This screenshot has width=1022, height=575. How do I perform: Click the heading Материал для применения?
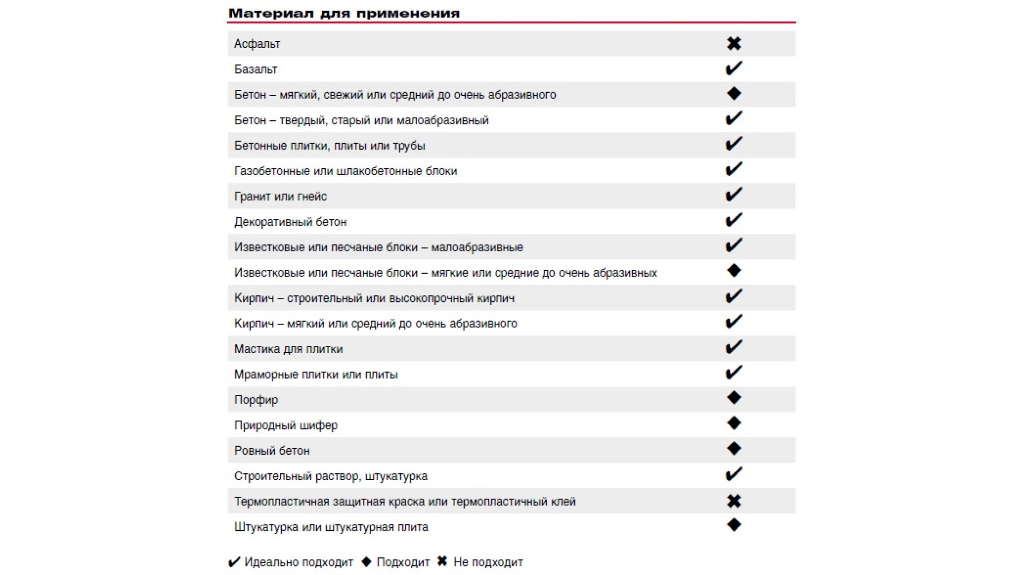344,13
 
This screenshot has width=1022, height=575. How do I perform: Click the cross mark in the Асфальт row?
733,44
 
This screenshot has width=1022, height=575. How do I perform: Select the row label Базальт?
256,69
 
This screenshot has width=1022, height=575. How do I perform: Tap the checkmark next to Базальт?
733,68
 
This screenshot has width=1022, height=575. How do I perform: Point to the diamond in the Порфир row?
733,398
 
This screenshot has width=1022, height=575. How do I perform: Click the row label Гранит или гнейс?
281,196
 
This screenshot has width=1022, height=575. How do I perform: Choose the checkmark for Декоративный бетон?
733,220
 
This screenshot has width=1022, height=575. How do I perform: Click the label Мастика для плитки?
289,349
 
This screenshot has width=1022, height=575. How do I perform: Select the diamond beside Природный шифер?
733,423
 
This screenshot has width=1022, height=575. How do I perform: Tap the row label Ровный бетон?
272,451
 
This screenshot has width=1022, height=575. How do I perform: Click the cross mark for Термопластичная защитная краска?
733,501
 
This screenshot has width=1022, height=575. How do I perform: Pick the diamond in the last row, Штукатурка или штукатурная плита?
733,525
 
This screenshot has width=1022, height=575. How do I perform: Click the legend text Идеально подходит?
299,562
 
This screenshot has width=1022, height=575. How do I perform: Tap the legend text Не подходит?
488,562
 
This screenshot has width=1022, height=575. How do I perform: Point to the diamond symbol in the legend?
366,562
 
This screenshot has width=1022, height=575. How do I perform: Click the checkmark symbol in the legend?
234,562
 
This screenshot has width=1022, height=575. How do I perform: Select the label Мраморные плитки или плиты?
316,375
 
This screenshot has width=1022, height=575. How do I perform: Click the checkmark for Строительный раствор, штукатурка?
733,474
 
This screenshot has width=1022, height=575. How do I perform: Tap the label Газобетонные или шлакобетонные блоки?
345,171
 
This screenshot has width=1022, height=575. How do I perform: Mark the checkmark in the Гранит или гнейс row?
733,195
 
